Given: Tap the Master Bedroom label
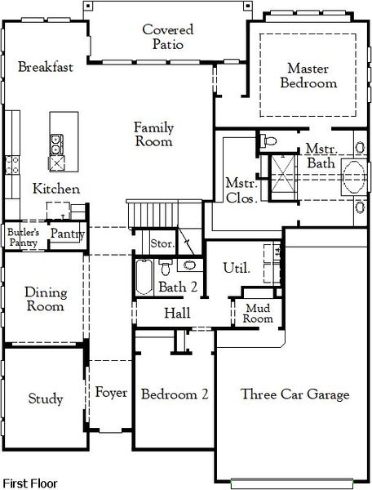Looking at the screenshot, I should tap(308, 76).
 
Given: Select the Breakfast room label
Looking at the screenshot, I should tap(46, 67).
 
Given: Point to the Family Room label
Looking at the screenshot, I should tap(153, 134).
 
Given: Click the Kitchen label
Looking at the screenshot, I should tap(55, 189).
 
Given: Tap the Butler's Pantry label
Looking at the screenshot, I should tap(23, 238).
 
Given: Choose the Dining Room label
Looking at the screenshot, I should tap(45, 299).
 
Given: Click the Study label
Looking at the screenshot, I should tap(45, 399).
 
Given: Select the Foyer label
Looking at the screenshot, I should tap(111, 393).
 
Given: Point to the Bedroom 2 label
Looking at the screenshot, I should tap(174, 394).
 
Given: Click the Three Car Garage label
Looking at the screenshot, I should tap(294, 394).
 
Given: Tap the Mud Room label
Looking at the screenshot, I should tap(258, 314).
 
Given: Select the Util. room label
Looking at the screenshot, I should tap(237, 268).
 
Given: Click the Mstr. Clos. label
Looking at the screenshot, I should tap(241, 189).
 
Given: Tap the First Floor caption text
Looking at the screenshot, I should tap(31, 483).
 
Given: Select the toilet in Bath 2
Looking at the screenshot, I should tap(166, 267).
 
